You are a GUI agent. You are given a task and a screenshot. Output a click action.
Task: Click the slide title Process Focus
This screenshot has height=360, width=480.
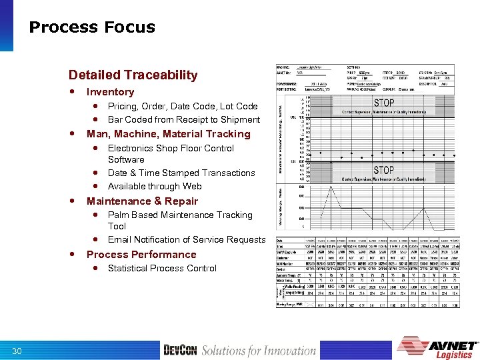click(x=92, y=27)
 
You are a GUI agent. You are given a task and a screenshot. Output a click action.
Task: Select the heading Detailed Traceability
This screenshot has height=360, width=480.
click(x=133, y=75)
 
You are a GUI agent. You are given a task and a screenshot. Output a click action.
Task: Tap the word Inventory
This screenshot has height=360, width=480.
click(x=110, y=92)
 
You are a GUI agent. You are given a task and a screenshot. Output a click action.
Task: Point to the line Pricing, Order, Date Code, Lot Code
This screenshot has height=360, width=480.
click(x=182, y=106)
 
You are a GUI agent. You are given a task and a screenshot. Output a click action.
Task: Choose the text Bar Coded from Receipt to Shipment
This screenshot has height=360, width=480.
click(x=183, y=119)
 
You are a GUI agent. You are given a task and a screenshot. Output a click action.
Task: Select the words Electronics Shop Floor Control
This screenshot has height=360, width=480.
click(x=171, y=148)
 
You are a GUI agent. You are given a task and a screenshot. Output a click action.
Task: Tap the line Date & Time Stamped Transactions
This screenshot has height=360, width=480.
click(x=181, y=173)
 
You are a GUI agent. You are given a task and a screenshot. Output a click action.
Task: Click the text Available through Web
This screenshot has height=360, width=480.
click(x=154, y=186)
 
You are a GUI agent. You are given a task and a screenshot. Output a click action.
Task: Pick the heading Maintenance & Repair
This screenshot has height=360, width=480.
click(x=142, y=201)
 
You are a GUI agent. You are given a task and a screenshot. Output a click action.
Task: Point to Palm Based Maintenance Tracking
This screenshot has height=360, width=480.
click(x=180, y=215)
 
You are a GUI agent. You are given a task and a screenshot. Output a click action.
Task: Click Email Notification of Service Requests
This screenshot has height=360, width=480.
click(x=186, y=239)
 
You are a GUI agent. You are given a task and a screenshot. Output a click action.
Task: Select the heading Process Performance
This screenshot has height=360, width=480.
click(x=141, y=255)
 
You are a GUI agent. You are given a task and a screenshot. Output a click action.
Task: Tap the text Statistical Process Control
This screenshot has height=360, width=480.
click(x=162, y=268)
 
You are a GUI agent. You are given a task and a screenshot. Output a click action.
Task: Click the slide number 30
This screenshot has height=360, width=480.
click(x=17, y=351)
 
